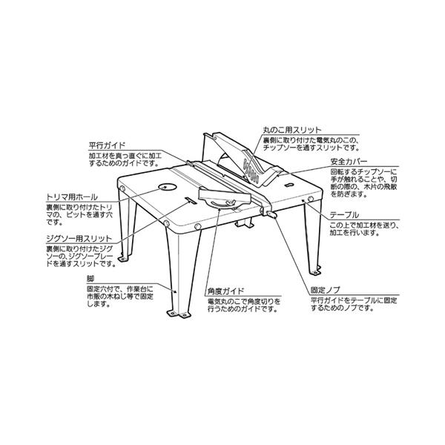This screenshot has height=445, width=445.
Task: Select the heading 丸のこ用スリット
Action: [x=291, y=128]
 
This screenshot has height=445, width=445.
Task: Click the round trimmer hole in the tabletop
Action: [x=165, y=187]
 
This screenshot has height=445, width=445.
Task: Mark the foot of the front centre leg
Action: [x=181, y=316]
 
